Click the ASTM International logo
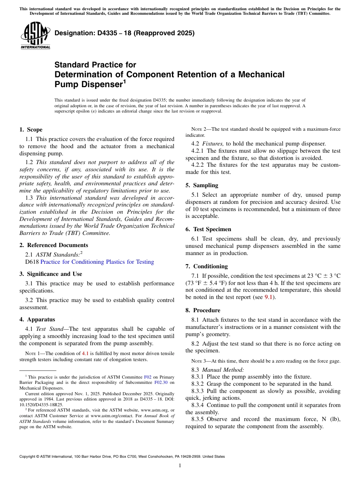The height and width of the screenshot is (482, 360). (35, 36)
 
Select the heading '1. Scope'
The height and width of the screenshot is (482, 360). (31, 130)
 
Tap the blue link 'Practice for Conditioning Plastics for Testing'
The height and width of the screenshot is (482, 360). (97, 262)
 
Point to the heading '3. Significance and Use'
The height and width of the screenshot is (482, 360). (50, 274)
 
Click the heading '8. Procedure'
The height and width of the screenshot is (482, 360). (203, 310)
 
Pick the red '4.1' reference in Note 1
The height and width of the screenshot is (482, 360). (86, 354)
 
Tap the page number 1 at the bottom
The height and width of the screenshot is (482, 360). (180, 466)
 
